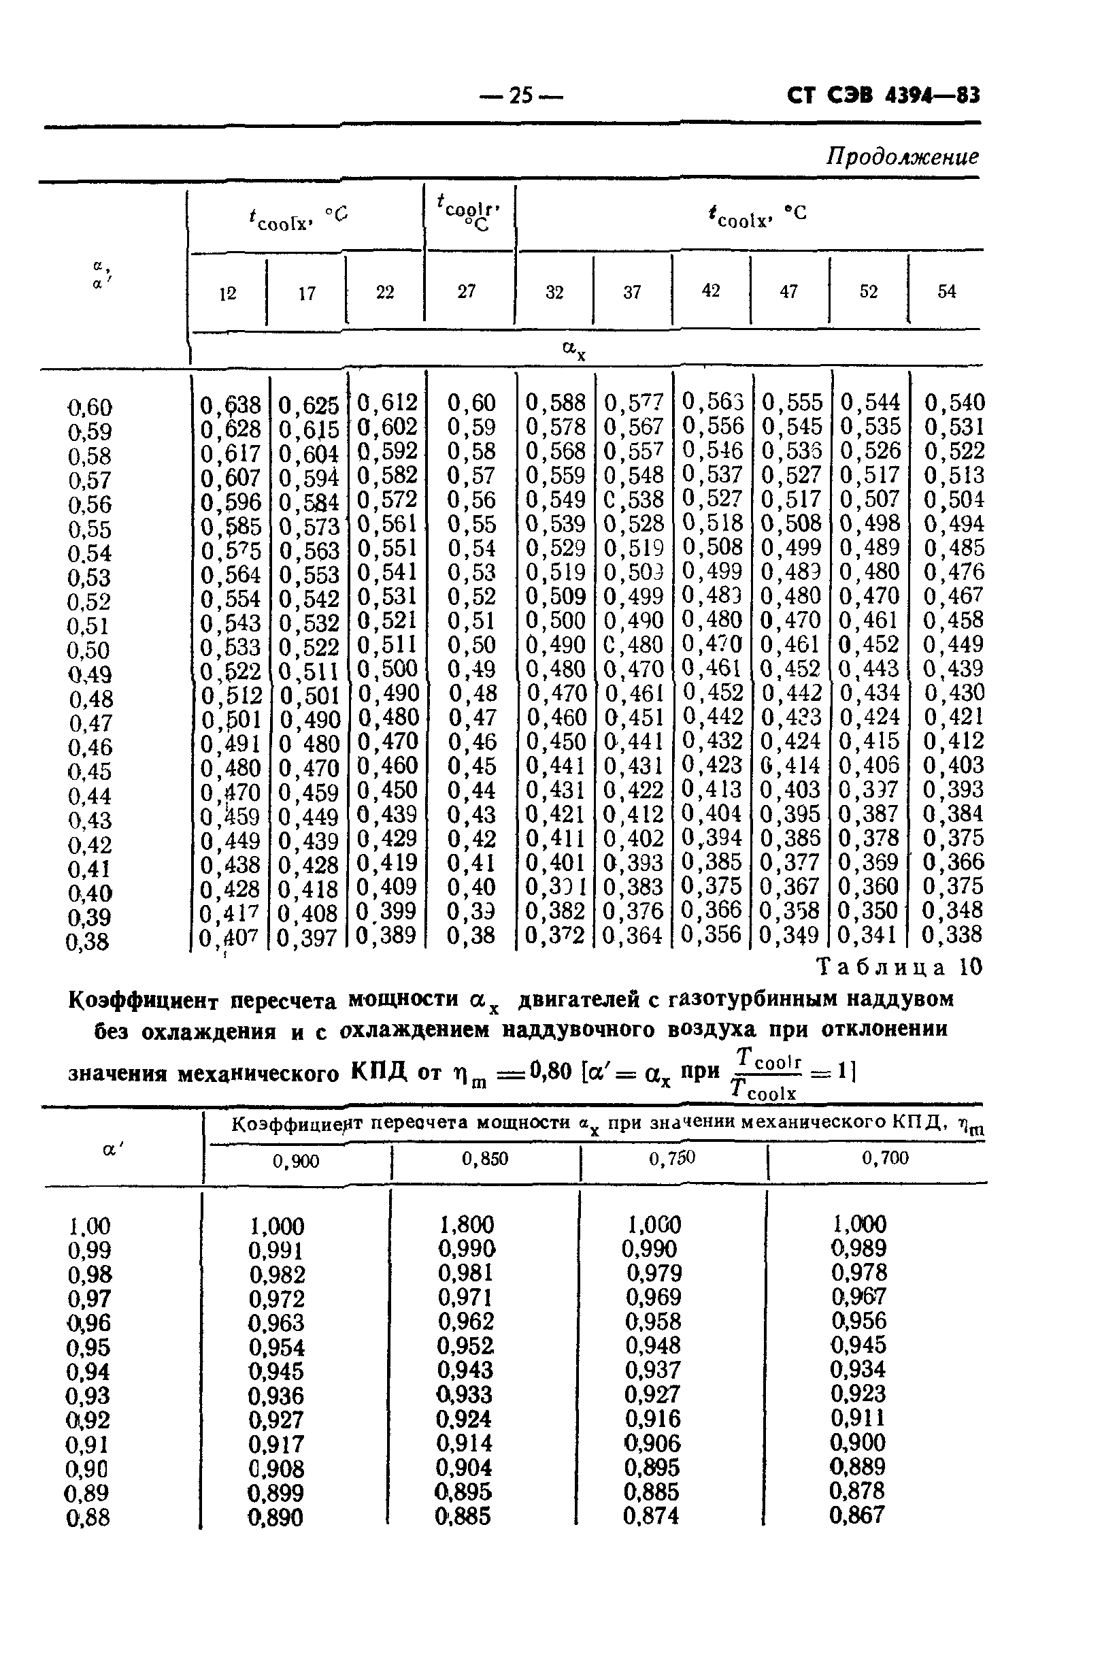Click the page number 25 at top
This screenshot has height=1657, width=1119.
point(521,95)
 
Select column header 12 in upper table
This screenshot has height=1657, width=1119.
point(227,293)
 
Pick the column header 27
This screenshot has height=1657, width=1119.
point(466,291)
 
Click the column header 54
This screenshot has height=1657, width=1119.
point(946,291)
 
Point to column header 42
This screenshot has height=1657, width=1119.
point(711,290)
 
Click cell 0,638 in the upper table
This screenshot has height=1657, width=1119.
point(230,405)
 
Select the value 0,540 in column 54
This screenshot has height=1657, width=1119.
point(954,403)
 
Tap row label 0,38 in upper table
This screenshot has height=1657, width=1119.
point(88,942)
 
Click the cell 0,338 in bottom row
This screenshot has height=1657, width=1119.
point(952,934)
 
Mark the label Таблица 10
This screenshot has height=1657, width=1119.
point(899,968)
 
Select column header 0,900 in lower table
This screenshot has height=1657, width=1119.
point(296,1161)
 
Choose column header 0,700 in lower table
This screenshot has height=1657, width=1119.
point(884,1158)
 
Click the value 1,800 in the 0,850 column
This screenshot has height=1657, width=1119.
point(466,1224)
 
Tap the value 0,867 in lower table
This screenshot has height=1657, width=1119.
point(856,1514)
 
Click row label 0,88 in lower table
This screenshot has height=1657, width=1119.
point(88,1517)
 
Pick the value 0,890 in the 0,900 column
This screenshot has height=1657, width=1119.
point(275,1517)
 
